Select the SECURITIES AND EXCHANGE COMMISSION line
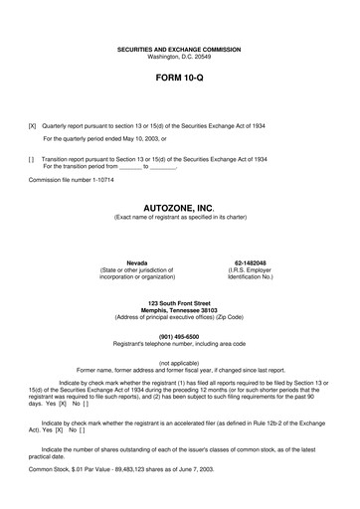pos(180,48)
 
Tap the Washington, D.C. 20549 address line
pos(180,56)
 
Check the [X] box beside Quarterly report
pos(33,127)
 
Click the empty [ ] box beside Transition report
pos(33,159)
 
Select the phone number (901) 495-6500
pos(180,335)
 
